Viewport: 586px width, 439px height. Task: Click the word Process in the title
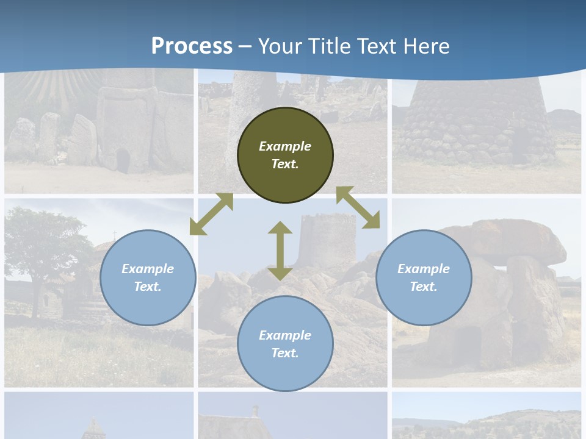pyautogui.click(x=192, y=46)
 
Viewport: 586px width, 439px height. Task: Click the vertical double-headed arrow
pyautogui.click(x=280, y=251)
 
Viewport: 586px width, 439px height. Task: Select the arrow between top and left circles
pyautogui.click(x=211, y=214)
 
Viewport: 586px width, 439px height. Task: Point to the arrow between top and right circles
pyautogui.click(x=358, y=207)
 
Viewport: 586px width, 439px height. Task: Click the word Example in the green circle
pyautogui.click(x=285, y=146)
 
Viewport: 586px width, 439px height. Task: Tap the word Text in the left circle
pyautogui.click(x=148, y=287)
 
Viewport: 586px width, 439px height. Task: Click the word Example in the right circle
pyautogui.click(x=424, y=269)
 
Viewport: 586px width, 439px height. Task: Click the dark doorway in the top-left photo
pyautogui.click(x=123, y=162)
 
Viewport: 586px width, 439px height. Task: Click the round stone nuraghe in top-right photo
pyautogui.click(x=476, y=122)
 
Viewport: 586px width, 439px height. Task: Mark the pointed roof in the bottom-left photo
pyautogui.click(x=93, y=427)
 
